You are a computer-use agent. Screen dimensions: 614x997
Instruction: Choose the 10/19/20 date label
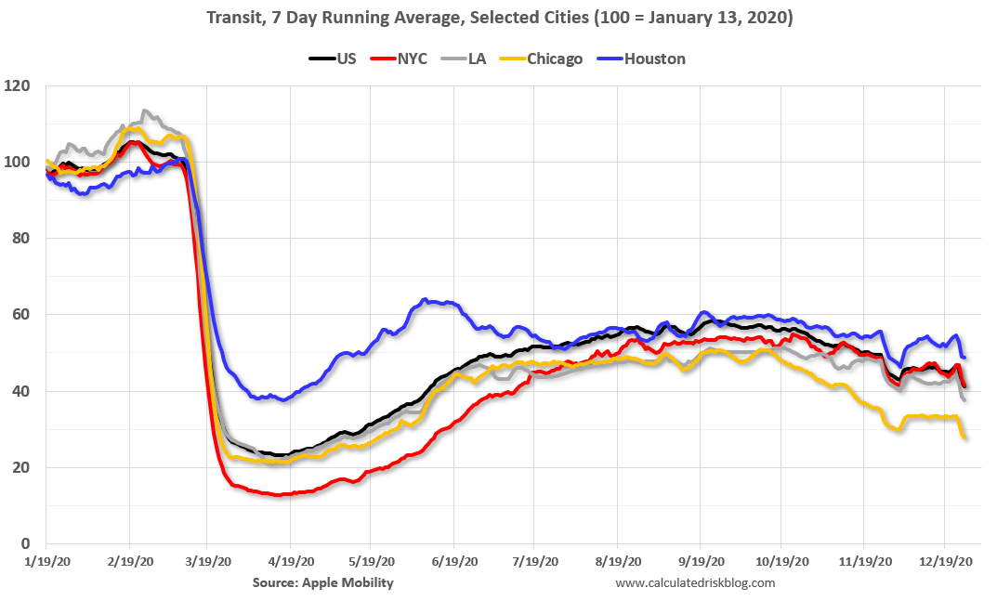click(781, 564)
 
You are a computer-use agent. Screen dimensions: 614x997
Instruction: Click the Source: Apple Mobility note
click(322, 582)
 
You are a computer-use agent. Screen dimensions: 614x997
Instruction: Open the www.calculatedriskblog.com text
click(694, 582)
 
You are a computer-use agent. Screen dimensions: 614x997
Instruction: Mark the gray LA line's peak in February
click(144, 111)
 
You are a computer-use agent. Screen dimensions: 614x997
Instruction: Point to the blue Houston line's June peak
click(425, 299)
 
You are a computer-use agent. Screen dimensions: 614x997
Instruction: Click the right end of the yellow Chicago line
click(965, 438)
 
